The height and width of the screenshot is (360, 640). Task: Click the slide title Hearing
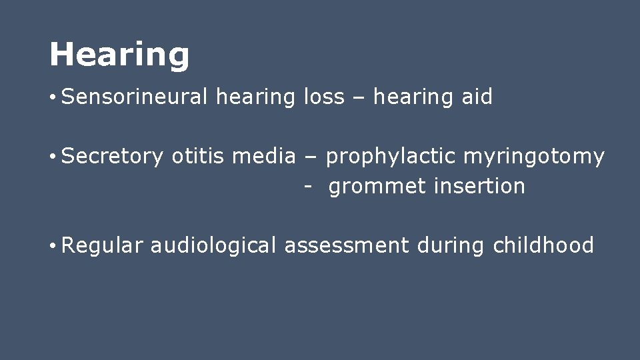click(x=119, y=54)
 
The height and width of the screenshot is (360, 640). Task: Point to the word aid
click(x=477, y=97)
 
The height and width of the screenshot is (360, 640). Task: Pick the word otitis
click(x=198, y=157)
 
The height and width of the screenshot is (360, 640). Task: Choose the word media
click(x=263, y=157)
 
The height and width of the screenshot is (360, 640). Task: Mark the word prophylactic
click(x=391, y=157)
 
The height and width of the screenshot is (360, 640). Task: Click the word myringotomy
click(x=534, y=157)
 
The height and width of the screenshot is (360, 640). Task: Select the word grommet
click(x=378, y=187)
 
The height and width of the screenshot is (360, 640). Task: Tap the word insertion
click(x=479, y=186)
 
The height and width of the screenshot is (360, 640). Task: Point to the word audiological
click(x=213, y=245)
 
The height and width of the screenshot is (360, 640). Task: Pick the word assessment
click(x=347, y=245)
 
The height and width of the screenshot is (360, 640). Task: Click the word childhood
click(x=543, y=245)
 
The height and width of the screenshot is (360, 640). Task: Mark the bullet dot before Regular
click(x=52, y=247)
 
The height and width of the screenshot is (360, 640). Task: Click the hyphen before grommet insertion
click(x=307, y=187)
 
